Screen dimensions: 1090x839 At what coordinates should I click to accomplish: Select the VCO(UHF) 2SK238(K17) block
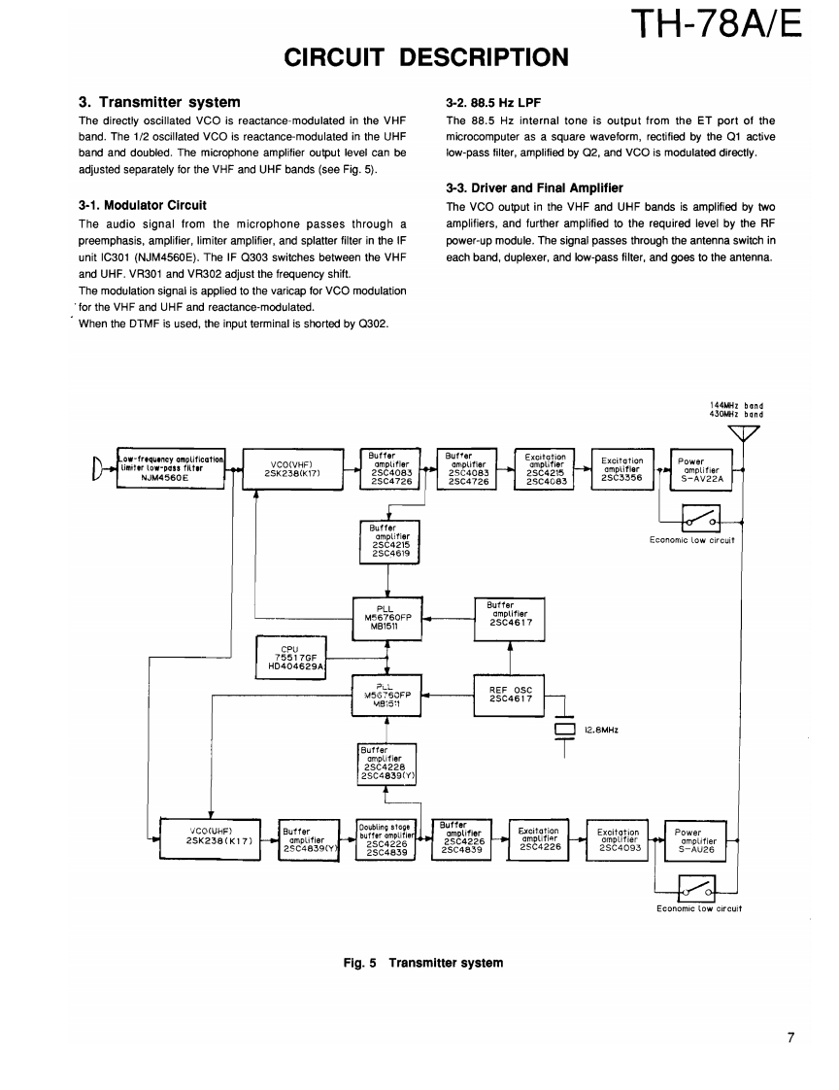pos(211,835)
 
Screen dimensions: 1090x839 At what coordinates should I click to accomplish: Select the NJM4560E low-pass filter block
pos(171,468)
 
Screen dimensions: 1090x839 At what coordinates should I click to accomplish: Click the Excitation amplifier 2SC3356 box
pos(621,469)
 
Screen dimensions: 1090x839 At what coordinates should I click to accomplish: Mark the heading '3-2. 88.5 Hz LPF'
pos(493,102)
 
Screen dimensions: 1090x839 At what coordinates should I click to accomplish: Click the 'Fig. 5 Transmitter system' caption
pos(423,963)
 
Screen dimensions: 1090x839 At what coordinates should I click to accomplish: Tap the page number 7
pos(791,1038)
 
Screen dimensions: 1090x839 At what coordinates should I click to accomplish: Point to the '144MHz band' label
pos(736,404)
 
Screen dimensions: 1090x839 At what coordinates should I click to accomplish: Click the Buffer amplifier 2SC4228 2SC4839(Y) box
pos(387,763)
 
